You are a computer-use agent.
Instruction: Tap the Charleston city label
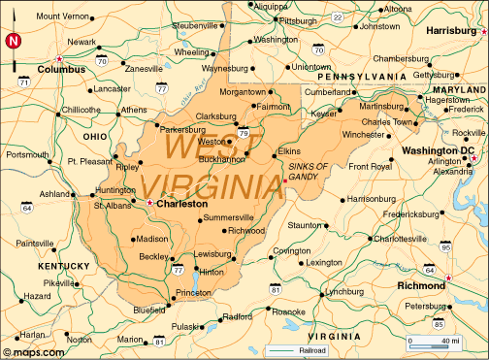pos(182,205)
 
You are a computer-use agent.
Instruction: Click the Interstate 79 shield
pos(243,133)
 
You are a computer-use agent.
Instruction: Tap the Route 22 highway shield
pos(337,16)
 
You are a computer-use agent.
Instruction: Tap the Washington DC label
pos(440,151)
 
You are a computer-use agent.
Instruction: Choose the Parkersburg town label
pos(183,128)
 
